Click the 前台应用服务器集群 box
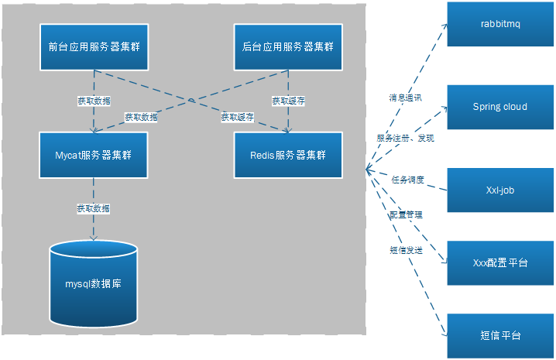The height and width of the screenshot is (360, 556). [x=94, y=46]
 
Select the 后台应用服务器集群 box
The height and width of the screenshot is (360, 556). [x=288, y=46]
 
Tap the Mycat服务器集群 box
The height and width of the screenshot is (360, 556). [x=94, y=155]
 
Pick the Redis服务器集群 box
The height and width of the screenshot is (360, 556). [x=288, y=155]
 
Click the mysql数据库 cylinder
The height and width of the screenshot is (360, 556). [x=94, y=283]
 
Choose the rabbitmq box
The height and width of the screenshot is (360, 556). [x=500, y=25]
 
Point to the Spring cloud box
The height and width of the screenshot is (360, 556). [x=500, y=107]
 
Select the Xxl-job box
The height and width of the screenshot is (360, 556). [x=500, y=189]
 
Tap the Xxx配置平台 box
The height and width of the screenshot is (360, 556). [x=500, y=263]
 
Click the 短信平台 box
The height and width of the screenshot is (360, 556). [x=500, y=336]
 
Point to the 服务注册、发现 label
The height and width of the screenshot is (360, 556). [x=406, y=138]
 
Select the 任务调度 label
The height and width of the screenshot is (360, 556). [x=407, y=179]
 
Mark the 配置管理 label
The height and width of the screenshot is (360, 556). [x=405, y=214]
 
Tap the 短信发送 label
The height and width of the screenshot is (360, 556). [x=405, y=250]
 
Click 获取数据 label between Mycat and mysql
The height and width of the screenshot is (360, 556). [x=93, y=208]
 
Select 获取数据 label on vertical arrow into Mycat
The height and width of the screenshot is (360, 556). [x=93, y=101]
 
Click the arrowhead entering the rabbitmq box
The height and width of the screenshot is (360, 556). [x=444, y=25]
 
